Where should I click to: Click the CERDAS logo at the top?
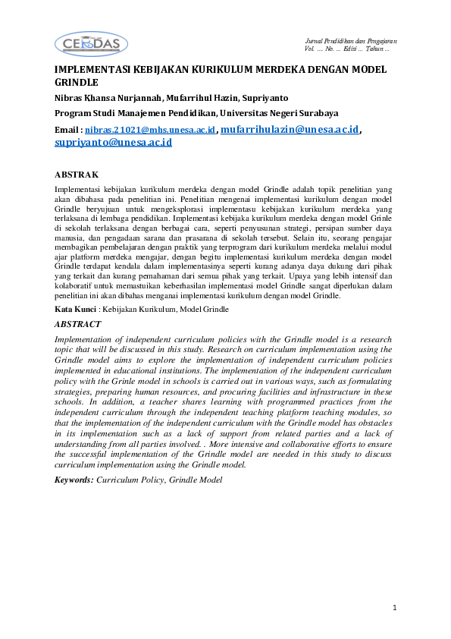click(92, 44)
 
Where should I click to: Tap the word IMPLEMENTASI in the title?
click(92, 69)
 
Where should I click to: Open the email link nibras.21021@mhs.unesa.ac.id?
click(151, 131)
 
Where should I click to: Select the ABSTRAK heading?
click(77, 174)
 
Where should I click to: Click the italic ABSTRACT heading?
click(79, 323)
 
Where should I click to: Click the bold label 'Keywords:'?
click(74, 480)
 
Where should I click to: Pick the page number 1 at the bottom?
click(394, 608)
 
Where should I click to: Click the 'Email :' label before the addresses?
click(69, 131)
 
